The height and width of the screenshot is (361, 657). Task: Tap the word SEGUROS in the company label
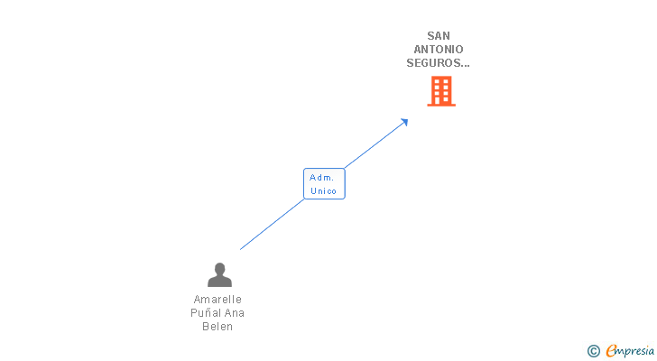pyautogui.click(x=436, y=63)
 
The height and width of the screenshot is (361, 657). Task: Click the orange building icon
pyautogui.click(x=440, y=91)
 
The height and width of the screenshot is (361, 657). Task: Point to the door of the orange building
pyautogui.click(x=440, y=101)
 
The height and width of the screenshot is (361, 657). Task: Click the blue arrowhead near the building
pyautogui.click(x=404, y=122)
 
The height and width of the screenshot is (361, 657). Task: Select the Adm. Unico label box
pyautogui.click(x=324, y=184)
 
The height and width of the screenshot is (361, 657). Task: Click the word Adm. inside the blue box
pyautogui.click(x=322, y=178)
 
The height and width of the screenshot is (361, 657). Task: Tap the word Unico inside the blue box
pyautogui.click(x=323, y=191)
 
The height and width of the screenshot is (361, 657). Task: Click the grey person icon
pyautogui.click(x=219, y=274)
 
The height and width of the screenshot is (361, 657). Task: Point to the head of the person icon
pyautogui.click(x=219, y=268)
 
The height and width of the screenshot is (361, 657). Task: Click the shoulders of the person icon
pyautogui.click(x=219, y=282)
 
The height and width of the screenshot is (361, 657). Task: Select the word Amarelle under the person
pyautogui.click(x=217, y=300)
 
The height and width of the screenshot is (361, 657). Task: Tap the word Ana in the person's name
pyautogui.click(x=235, y=313)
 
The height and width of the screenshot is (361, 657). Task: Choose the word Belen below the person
pyautogui.click(x=217, y=327)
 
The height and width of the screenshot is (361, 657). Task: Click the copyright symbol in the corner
pyautogui.click(x=594, y=351)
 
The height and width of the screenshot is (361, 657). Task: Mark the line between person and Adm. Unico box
pyautogui.click(x=271, y=225)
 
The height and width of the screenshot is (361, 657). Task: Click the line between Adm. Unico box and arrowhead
pyautogui.click(x=375, y=144)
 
